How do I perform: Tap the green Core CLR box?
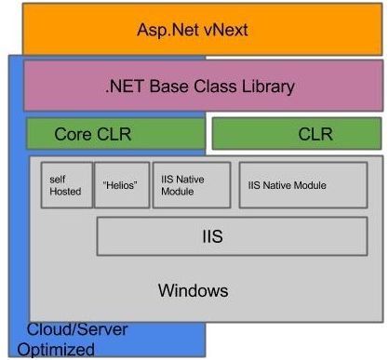click(115, 134)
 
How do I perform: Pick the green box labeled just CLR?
click(296, 134)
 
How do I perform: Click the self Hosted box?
click(67, 184)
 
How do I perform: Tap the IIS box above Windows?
click(211, 236)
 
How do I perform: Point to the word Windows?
click(193, 290)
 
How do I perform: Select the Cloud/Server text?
click(77, 331)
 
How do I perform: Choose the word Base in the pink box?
click(164, 87)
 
